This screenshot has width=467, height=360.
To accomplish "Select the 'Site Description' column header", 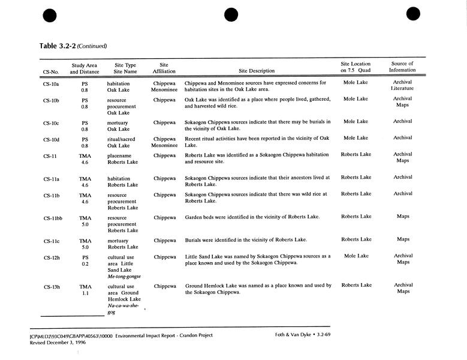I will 256,71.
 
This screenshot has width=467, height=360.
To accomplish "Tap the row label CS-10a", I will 51,83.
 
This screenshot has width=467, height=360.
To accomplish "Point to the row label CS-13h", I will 52,287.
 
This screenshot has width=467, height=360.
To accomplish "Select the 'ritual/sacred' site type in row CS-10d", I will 122,138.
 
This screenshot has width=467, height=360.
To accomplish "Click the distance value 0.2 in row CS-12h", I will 85,263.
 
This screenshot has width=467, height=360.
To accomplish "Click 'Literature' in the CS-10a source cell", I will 402,88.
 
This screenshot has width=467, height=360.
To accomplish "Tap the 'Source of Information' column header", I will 402,67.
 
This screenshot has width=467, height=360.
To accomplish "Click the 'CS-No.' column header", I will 51,71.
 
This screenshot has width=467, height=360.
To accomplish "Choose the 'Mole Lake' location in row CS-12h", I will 355,256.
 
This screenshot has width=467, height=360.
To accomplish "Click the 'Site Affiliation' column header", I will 164,68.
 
